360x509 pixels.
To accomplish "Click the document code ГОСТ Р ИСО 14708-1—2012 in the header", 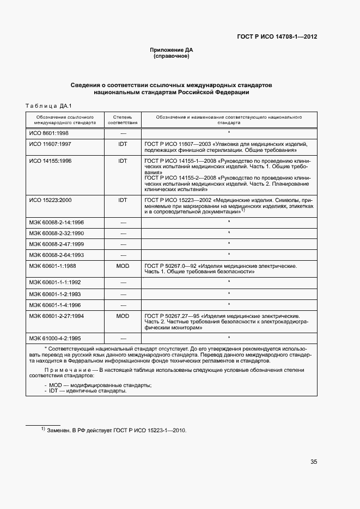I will pyautogui.click(x=277, y=37).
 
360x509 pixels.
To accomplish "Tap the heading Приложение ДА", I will pyautogui.click(x=172, y=50).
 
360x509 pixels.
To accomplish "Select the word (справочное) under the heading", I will pyautogui.click(x=172, y=56).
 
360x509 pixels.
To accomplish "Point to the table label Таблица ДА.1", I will pyautogui.click(x=49, y=106).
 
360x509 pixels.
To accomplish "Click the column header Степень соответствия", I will pyautogui.click(x=123, y=120).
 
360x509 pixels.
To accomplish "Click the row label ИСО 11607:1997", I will pyautogui.click(x=50, y=144).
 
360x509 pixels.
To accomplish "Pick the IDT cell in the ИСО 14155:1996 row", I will pyautogui.click(x=123, y=161).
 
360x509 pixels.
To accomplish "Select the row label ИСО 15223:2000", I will pyautogui.click(x=50, y=200).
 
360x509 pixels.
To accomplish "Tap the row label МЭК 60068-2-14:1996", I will pyautogui.click(x=56, y=222).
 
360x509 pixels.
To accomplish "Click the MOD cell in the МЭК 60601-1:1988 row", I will pyautogui.click(x=123, y=266).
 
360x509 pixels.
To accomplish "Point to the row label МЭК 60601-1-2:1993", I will pyautogui.click(x=54, y=293).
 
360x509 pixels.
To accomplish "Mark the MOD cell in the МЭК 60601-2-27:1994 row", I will pyautogui.click(x=123, y=316).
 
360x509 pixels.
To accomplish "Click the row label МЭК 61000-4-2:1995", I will pyautogui.click(x=54, y=338).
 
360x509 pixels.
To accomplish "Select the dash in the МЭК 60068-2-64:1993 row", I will pyautogui.click(x=123, y=254).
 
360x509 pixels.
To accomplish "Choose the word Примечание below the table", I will pyautogui.click(x=64, y=370).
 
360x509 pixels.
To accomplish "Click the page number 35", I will pyautogui.click(x=313, y=462).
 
